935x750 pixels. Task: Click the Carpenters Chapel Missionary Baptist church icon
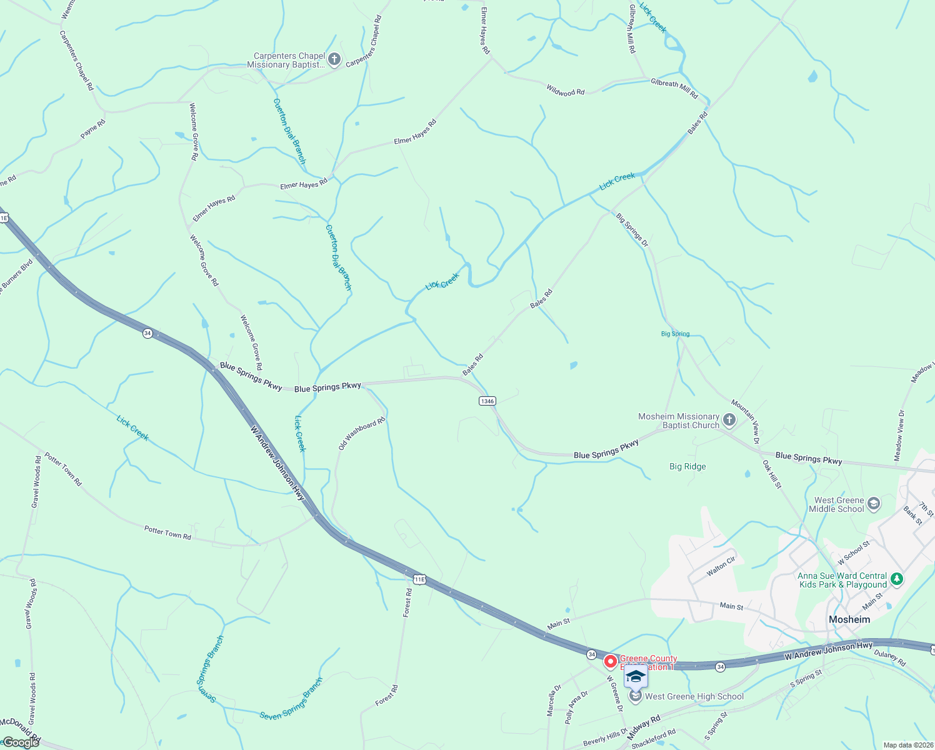[334, 60]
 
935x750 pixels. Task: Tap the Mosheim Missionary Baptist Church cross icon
[729, 421]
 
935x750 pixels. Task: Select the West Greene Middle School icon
[874, 504]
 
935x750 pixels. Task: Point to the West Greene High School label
[694, 696]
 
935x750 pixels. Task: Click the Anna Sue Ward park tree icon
[897, 579]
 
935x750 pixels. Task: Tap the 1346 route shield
[487, 401]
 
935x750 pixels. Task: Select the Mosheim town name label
[849, 619]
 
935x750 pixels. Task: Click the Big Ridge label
[687, 466]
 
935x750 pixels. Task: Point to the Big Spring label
[675, 334]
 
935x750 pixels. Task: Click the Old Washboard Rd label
[361, 434]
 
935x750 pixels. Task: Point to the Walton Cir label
[721, 566]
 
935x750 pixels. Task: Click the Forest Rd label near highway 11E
[407, 603]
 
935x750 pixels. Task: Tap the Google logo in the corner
[20, 742]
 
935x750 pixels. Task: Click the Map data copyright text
[907, 745]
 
